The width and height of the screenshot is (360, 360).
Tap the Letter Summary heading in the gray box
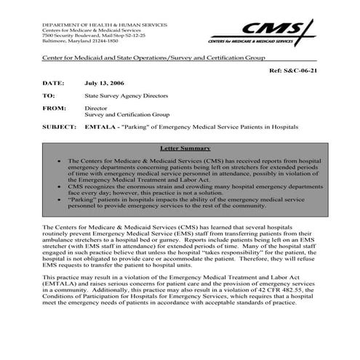(x=180, y=148)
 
